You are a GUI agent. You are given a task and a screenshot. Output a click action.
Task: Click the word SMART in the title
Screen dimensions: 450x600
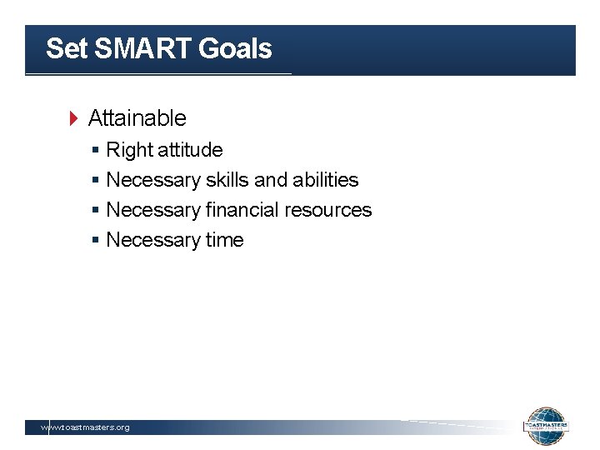coord(142,48)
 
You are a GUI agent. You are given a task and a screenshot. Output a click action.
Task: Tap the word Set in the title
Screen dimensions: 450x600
coord(67,48)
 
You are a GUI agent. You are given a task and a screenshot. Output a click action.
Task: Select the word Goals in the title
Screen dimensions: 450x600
coord(235,48)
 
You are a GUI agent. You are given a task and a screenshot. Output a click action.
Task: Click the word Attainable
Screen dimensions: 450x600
coord(137,118)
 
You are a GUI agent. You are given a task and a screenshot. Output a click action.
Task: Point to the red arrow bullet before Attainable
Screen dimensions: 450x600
coord(72,118)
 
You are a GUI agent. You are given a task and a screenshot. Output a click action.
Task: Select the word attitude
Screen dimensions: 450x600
coord(190,150)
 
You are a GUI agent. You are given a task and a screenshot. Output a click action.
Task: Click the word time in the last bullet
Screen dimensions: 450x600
coord(225,240)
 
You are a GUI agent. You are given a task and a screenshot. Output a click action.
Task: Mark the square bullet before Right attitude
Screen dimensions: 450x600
coord(97,150)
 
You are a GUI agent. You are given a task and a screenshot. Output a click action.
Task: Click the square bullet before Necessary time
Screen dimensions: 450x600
coord(97,240)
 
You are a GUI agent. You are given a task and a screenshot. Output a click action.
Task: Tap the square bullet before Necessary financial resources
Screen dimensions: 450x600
coord(97,210)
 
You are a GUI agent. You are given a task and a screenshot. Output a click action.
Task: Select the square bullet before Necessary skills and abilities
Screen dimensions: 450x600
coord(97,180)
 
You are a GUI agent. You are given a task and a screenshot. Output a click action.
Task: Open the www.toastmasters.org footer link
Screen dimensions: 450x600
coord(86,427)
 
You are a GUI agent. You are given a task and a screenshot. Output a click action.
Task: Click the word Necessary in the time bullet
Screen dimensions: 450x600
coord(153,240)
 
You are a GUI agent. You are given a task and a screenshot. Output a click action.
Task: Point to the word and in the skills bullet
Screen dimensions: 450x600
coord(269,180)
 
